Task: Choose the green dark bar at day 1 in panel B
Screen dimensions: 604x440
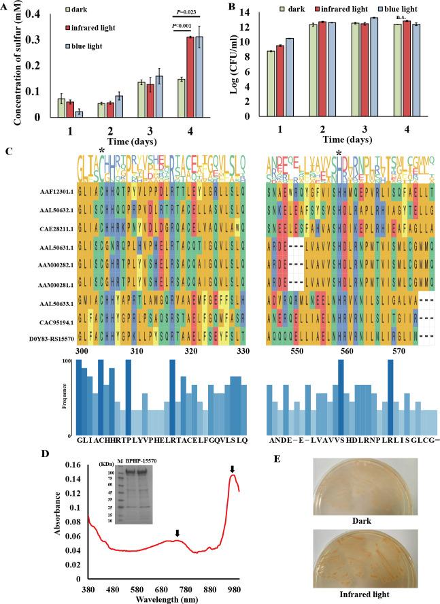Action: [x=271, y=75]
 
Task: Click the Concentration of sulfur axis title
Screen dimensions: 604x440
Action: [x=12, y=63]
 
